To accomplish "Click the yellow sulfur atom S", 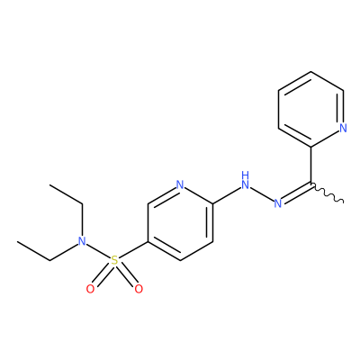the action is [x=114, y=260].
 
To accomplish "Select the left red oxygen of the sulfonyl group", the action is [x=90, y=289].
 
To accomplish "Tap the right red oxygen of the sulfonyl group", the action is [x=139, y=289].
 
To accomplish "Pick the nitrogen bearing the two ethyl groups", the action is [x=82, y=241].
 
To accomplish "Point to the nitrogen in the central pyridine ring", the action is [x=180, y=184].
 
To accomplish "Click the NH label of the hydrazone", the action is [x=246, y=181].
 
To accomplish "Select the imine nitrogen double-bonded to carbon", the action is [x=278, y=203].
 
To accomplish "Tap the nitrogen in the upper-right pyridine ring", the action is [x=344, y=128].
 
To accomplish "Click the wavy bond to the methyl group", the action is [x=327, y=193].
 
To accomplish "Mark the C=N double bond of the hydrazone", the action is [x=296, y=193].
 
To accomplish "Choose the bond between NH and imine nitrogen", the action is [x=262, y=194].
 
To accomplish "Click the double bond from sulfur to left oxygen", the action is [x=102, y=274].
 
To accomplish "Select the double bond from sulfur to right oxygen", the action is [x=127, y=274].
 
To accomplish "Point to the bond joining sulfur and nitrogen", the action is [x=98, y=250].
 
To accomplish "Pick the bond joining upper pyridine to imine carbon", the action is [x=310, y=165].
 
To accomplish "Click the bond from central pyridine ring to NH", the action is [x=227, y=196].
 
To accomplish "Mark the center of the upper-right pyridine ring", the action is [x=310, y=110].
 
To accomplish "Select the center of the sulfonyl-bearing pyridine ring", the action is [x=180, y=222].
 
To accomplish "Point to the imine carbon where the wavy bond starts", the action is [x=310, y=184].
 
